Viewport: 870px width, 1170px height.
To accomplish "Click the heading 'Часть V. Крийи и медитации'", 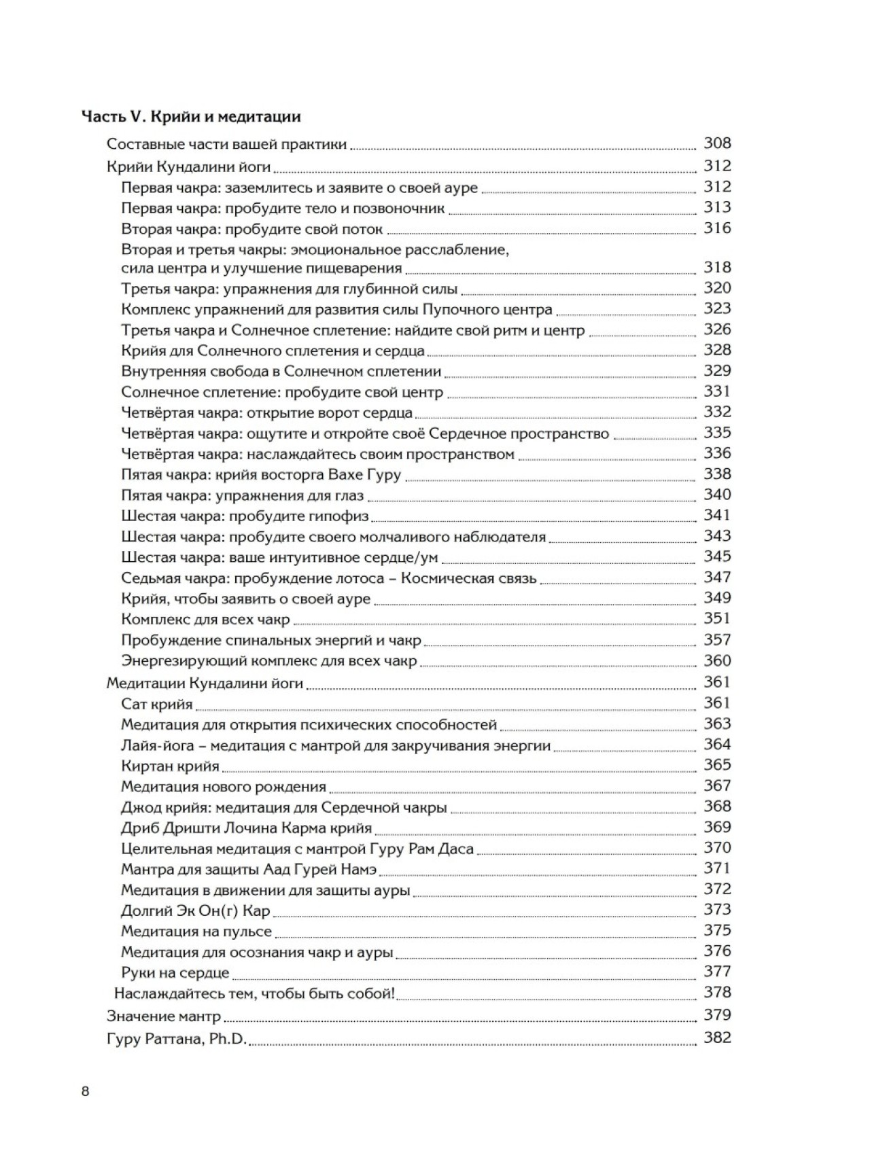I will coord(191,116).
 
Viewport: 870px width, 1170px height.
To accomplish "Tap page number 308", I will coord(717,143).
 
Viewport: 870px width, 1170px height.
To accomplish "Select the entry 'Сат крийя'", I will coord(157,704).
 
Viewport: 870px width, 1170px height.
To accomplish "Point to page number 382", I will coord(717,1038).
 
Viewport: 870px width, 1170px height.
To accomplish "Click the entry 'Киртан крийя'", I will coord(170,766).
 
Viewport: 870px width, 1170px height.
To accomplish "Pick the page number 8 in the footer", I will coord(85,1092).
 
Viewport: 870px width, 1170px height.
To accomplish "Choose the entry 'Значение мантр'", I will coord(164,1016).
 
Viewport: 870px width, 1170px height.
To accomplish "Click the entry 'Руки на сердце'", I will coord(175,972).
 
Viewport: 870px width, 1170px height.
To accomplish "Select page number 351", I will coord(717,618).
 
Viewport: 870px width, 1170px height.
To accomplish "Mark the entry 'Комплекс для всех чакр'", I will coord(205,620).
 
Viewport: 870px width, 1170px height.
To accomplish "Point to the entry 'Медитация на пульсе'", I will coord(196,931).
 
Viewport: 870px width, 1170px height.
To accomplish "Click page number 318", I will coord(717,267).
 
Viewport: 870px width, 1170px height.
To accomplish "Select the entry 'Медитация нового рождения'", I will coord(224,787).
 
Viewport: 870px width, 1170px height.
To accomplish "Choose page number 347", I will coord(717,577).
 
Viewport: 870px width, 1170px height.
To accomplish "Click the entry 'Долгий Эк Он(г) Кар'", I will coord(196,910).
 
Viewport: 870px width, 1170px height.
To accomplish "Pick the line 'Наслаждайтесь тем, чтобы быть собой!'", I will coord(254,993).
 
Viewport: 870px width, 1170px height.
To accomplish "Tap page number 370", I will coord(717,847).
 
